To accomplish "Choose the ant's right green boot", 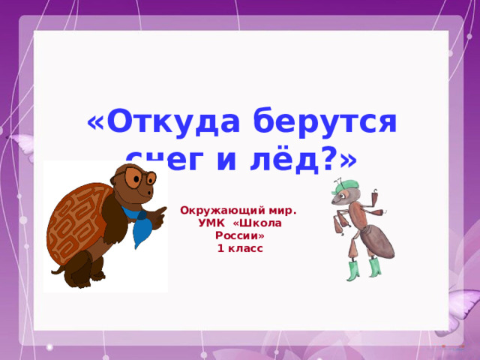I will point(374,267).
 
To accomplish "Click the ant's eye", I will point(343,196).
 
